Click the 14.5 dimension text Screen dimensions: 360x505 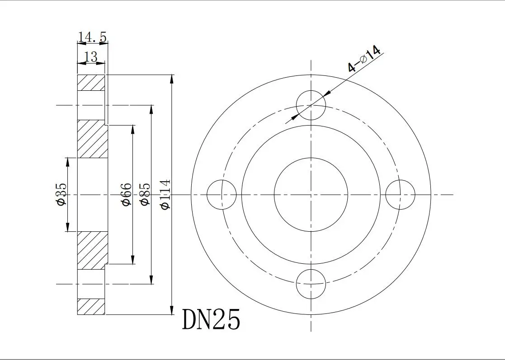92,37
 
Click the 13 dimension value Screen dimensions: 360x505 91,57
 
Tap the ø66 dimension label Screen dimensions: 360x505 127,195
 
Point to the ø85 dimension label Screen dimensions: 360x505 145,194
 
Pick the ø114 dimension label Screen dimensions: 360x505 165,194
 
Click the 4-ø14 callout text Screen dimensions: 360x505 364,59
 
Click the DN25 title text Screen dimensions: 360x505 211,320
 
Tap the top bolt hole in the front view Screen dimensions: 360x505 311,105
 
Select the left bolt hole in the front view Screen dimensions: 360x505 222,195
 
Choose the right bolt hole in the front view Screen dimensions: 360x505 400,195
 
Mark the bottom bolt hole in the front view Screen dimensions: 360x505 311,284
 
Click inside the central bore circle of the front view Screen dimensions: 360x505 311,195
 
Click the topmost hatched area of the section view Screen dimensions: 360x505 91,83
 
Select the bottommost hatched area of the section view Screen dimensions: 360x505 91,306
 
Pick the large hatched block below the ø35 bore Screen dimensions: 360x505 92,250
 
